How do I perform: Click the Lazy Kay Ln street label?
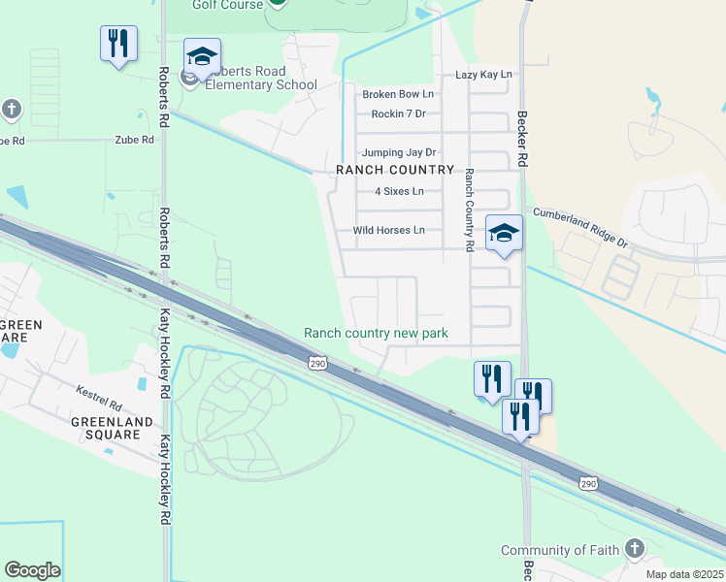point(483,75)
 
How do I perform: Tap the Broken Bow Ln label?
point(398,94)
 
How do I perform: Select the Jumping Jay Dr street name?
point(399,152)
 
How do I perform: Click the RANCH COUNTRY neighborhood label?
point(395,170)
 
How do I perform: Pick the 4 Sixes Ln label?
point(392,191)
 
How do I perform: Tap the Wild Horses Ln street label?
point(388,230)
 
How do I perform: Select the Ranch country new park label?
point(376,333)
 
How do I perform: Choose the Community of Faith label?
point(559,550)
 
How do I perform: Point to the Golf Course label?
point(228,5)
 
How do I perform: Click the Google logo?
point(32,570)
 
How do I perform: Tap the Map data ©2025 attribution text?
point(684,574)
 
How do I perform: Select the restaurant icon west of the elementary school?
point(118,44)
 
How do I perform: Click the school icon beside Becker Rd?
point(504,233)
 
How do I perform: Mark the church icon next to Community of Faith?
point(635,549)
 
